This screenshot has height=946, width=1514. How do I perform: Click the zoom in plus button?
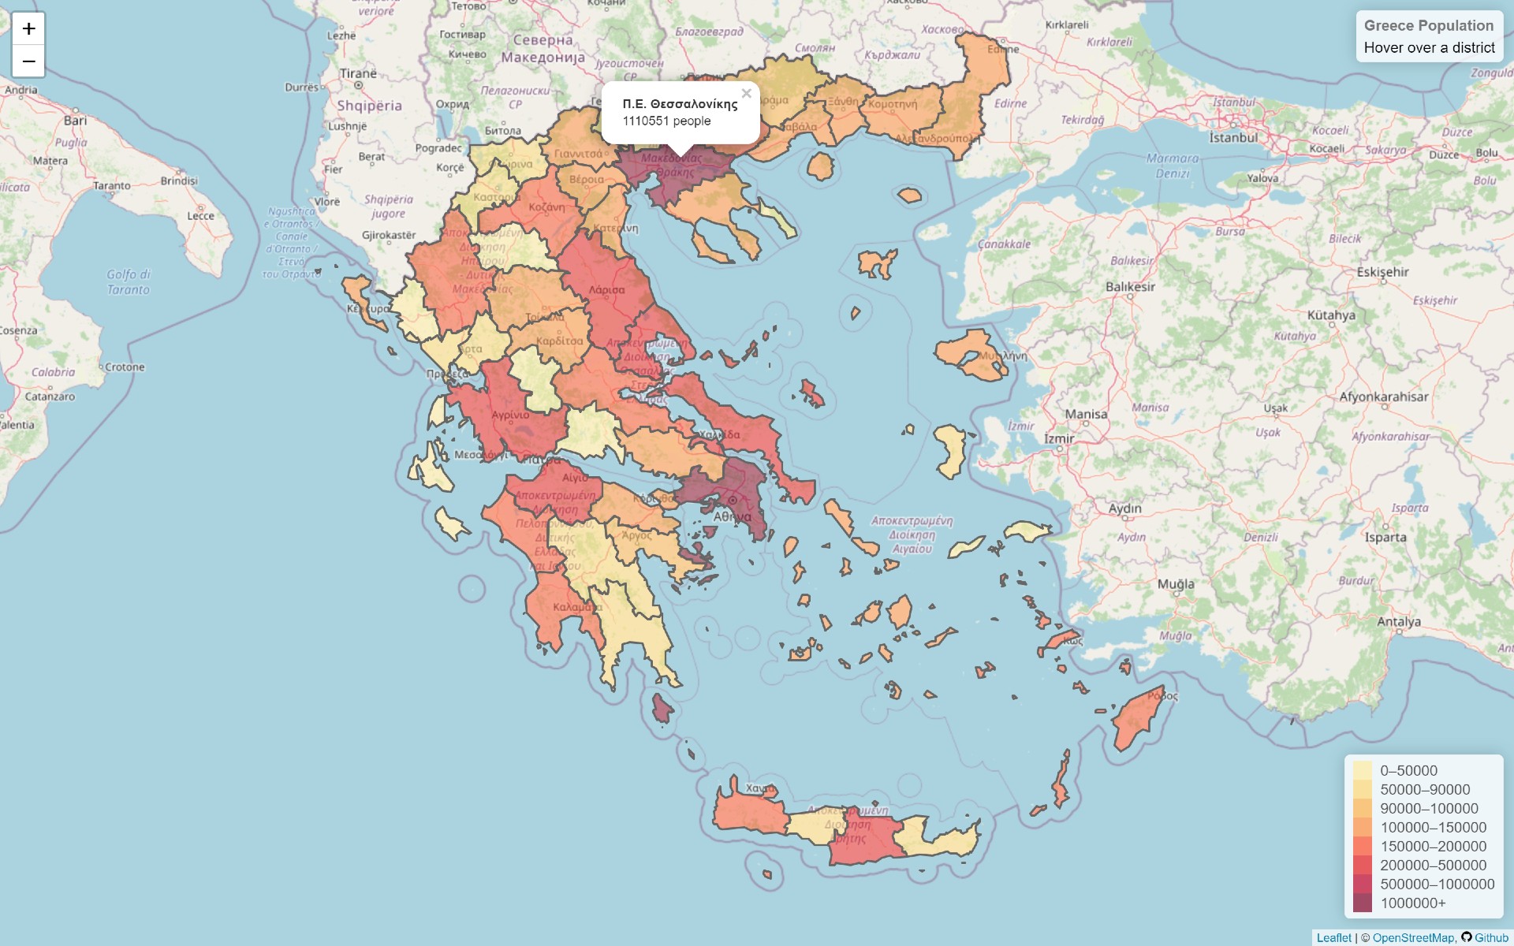pos(28,29)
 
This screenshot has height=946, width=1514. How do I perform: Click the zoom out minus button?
pos(28,61)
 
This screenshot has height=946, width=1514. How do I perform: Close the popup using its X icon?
pos(746,93)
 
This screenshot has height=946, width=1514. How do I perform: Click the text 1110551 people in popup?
pos(666,121)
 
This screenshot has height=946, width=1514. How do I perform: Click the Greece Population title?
pos(1428,26)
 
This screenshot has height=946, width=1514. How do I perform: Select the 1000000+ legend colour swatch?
pos(1362,903)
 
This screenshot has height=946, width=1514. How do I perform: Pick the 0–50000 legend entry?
pos(1408,770)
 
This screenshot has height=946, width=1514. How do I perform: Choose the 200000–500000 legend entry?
pos(1433,865)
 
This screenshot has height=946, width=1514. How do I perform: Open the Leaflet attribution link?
pos(1333,937)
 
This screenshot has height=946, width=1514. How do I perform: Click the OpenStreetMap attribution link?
pos(1413,937)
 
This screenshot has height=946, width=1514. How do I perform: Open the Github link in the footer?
pos(1490,937)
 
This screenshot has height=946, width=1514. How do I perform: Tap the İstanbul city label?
pos(1233,137)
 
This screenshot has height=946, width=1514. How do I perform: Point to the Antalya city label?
pos(1398,621)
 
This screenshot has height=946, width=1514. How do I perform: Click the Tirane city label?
pos(358,73)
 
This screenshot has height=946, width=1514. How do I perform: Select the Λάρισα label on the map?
pos(606,290)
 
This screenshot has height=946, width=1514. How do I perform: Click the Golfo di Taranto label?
pos(129,281)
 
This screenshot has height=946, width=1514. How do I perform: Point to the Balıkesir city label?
pos(1130,286)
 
